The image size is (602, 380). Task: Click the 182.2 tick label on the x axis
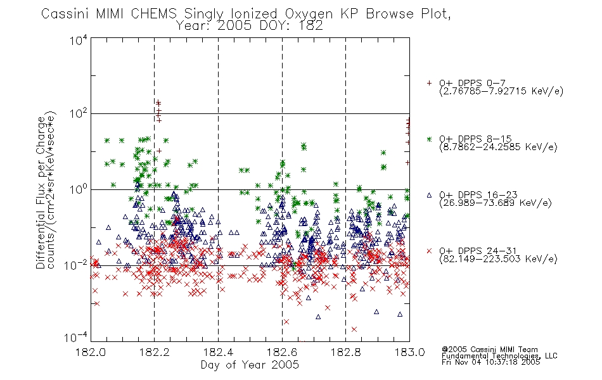pos(155,352)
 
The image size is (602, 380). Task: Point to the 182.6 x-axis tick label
pos(282,352)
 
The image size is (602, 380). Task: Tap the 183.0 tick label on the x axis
pos(409,352)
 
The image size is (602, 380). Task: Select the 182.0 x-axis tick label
pos(91,352)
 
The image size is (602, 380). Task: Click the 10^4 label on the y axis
pos(79,40)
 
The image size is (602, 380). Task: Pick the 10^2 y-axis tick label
pos(79,114)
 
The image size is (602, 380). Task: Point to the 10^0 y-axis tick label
pos(79,189)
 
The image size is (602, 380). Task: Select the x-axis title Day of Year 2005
pos(250,365)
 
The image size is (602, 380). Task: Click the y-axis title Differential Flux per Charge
pos(41,193)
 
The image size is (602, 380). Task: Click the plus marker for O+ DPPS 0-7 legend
pos(429,83)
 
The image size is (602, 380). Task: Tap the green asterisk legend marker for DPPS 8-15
pos(429,139)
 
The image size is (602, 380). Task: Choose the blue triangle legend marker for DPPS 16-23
pos(429,195)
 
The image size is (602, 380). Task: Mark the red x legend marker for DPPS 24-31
pos(429,251)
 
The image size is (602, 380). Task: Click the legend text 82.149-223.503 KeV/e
pos(498,259)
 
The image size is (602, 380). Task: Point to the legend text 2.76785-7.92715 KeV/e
pos(501,91)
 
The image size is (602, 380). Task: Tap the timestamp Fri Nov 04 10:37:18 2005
pos(490,362)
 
